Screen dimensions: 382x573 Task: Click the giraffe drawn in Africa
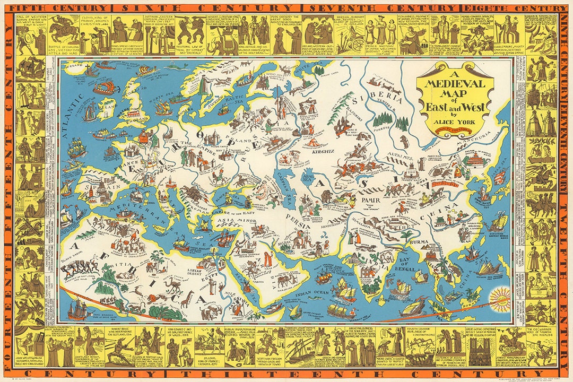(x=186, y=300)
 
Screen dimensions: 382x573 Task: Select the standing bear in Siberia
(x=404, y=141)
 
